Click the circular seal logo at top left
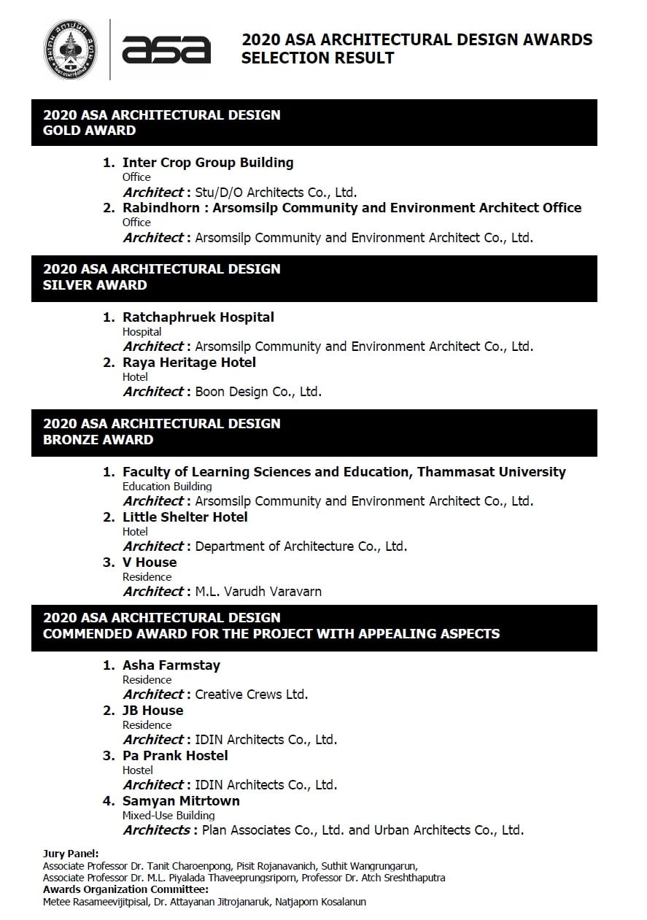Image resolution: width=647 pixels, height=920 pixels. [70, 49]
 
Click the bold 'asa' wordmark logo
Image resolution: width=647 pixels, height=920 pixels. [166, 50]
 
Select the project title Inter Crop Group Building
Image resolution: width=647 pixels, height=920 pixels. [208, 163]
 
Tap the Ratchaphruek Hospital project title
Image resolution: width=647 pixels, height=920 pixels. [198, 317]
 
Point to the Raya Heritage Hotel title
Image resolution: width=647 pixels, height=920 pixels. [189, 363]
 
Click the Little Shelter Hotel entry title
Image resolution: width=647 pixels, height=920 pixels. [185, 517]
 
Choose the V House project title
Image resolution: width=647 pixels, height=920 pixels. [150, 563]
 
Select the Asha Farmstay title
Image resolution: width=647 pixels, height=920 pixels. [171, 665]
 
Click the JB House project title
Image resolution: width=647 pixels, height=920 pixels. [153, 711]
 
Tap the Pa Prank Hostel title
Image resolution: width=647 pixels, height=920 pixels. [175, 756]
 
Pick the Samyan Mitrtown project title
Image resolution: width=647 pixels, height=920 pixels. [181, 801]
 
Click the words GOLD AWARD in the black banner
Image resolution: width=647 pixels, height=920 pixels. [90, 131]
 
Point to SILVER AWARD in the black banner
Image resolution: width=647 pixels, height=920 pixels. [95, 285]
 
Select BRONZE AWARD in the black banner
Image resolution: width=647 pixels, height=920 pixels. [98, 440]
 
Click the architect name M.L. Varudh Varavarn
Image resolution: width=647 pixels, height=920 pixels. [258, 592]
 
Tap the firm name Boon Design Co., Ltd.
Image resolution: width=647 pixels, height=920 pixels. [258, 392]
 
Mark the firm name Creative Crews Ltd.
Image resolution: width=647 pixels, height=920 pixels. [252, 695]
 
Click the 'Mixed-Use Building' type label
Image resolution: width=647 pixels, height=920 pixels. [168, 816]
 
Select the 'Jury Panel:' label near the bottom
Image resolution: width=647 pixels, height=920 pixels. [71, 854]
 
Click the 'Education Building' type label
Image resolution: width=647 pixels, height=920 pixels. [167, 487]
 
